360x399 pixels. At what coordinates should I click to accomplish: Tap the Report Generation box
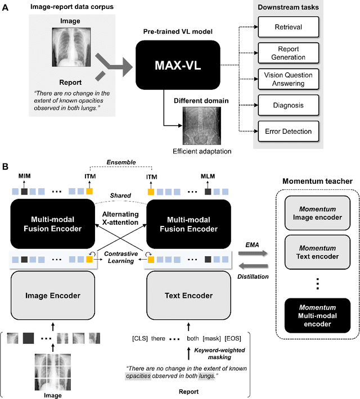(x=287, y=52)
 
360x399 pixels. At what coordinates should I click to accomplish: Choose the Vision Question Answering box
(x=287, y=79)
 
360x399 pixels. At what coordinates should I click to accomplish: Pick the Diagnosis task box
(x=287, y=105)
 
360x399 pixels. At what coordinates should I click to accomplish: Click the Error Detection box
(x=287, y=132)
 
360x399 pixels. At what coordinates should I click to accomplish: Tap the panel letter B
(x=6, y=167)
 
